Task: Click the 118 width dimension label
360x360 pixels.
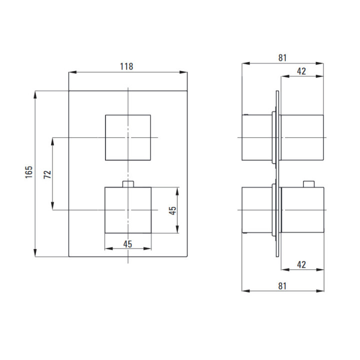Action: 126,66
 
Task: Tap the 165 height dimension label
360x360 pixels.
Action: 29,172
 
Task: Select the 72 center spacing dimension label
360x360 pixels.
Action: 47,174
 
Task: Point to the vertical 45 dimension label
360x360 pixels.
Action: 172,210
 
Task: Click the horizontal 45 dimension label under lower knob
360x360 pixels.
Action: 127,244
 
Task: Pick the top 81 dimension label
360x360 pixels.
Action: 282,58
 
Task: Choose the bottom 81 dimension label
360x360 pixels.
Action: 282,286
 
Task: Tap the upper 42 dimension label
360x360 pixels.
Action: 301,71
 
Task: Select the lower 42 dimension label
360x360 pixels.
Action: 301,264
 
